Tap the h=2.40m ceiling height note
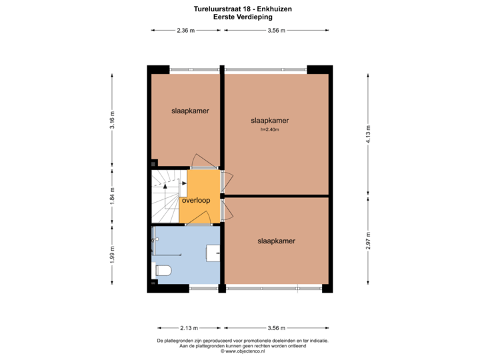[x=269, y=129]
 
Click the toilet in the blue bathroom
[x=163, y=271]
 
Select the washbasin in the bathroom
[x=214, y=253]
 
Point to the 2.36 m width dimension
[x=185, y=30]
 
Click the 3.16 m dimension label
[x=113, y=119]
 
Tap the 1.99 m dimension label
[x=113, y=255]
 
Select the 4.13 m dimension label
[x=367, y=131]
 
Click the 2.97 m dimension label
[x=367, y=241]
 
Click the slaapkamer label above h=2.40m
[x=269, y=121]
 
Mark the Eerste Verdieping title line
[x=239, y=17]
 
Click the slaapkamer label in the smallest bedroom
[x=185, y=111]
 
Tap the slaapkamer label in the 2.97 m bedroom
[x=276, y=241]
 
